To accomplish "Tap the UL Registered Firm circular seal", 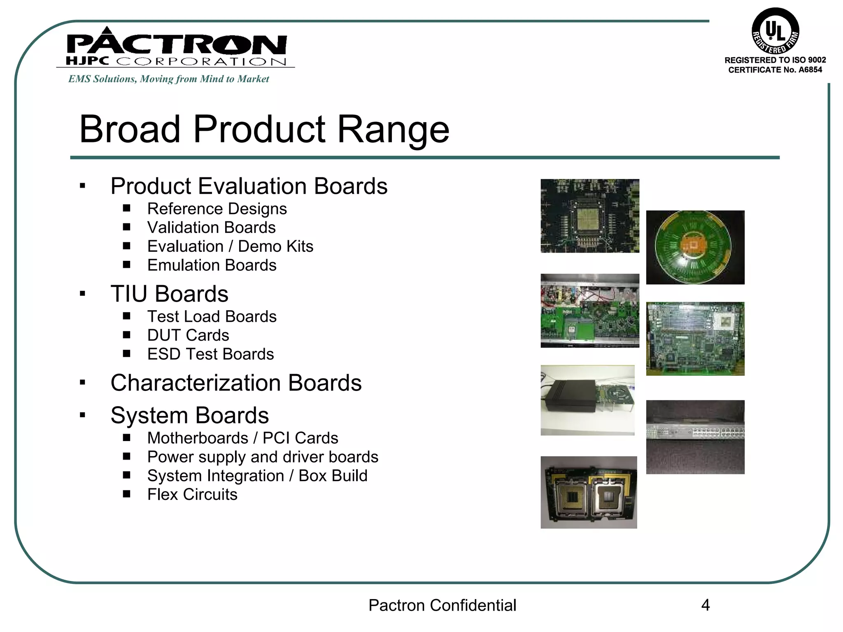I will coord(775,31).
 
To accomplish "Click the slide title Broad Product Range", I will coord(264,129).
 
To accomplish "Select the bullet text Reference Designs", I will coord(217,209).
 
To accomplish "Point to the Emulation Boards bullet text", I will coord(212,265).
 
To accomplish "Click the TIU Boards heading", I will coord(169,294).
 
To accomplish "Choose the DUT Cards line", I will coord(188,335).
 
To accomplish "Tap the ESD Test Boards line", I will coord(210,354).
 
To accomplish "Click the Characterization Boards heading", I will coord(236,383).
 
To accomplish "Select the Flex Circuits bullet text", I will coord(192,495).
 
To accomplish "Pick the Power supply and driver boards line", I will coord(263,457).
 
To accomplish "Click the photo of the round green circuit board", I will coord(695,247).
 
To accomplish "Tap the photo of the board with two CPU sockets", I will coord(589,493).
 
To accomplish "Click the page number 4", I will coord(705,605).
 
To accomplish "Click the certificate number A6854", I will coord(810,70).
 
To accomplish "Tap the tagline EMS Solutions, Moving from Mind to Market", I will coord(169,79).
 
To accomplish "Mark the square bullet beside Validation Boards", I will coord(127,227).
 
